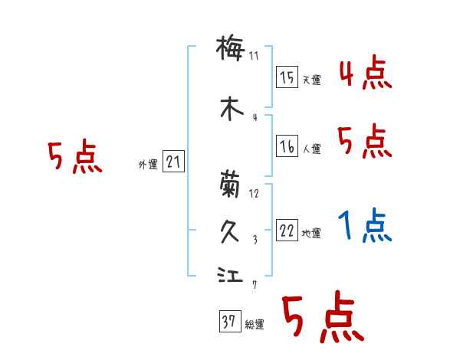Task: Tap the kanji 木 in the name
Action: point(229,108)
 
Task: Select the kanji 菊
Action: point(229,184)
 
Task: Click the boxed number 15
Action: point(287,77)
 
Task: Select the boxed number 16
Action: point(287,147)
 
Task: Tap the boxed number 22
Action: point(287,231)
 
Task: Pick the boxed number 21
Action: point(173,162)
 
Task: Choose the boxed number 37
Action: point(228,322)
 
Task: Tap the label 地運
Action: point(310,234)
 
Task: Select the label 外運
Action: point(147,165)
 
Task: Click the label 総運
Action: point(254,325)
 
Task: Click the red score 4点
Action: point(366,73)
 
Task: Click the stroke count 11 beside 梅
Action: point(255,55)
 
